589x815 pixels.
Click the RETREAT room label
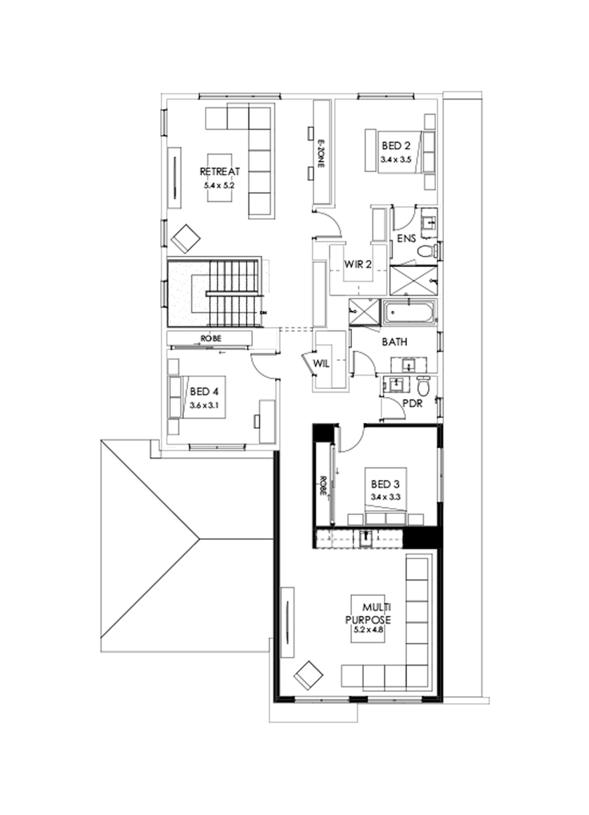coord(220,172)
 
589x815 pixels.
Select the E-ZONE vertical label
coord(321,154)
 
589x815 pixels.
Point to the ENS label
coord(406,239)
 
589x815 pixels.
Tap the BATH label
coord(395,342)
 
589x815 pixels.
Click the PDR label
coord(412,404)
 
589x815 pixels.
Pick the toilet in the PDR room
coord(423,388)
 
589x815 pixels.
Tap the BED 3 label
coord(384,484)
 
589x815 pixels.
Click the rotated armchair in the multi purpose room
coord(308,675)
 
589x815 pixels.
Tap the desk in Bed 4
coord(267,421)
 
